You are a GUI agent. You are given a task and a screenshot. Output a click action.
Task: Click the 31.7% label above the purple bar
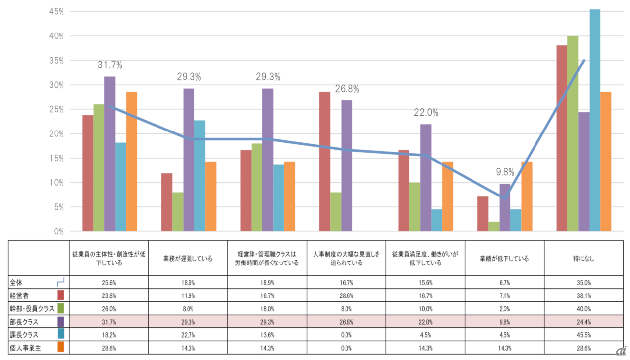click(109, 65)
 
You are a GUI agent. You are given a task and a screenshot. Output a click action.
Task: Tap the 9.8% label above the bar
click(504, 172)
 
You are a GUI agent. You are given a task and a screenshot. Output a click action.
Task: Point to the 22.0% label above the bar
click(425, 113)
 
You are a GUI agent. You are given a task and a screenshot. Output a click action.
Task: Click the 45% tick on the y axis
click(56, 12)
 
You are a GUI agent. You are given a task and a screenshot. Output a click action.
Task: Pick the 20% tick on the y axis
click(56, 134)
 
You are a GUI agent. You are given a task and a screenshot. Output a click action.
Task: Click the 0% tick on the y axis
click(58, 231)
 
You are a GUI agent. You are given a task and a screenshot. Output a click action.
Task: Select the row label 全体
click(17, 283)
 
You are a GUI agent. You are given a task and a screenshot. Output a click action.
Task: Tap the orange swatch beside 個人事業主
click(61, 347)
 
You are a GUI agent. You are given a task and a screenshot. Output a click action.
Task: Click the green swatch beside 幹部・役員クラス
click(61, 308)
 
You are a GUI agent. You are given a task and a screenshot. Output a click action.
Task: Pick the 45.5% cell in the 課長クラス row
click(584, 334)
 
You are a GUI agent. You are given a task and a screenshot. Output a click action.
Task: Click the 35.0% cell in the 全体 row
click(584, 283)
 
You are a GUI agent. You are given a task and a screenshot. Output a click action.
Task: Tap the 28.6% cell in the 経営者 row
click(346, 295)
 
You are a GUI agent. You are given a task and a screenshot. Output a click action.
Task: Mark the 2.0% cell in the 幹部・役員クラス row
click(504, 308)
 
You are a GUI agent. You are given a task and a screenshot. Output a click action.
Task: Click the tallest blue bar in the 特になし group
click(595, 120)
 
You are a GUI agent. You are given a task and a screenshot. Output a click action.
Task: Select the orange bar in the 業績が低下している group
click(527, 196)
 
